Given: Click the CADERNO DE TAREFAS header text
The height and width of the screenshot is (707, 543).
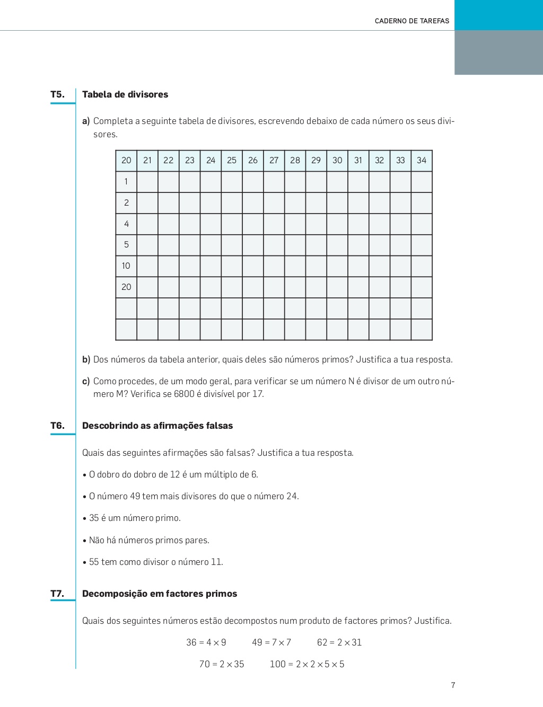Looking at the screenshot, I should click(411, 21).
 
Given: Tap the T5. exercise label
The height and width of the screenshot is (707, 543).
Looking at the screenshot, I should click(57, 94).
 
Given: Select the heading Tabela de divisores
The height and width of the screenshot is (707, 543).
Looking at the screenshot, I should click(125, 94).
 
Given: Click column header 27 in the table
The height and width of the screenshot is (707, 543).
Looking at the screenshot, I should click(274, 161).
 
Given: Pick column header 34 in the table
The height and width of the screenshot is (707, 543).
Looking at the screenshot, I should click(422, 161).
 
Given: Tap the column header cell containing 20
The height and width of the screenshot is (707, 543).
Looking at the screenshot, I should click(126, 161).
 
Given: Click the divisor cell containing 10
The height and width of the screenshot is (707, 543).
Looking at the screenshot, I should click(126, 266).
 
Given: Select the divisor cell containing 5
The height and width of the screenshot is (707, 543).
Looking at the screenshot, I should click(126, 245).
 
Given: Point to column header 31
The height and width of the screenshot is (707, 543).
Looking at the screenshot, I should click(358, 161).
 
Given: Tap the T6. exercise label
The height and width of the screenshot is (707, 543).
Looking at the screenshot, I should click(57, 426).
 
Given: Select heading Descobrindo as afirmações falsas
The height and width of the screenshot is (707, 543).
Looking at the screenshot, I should click(157, 426).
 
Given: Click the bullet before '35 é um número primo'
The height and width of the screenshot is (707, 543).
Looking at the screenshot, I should click(85, 519).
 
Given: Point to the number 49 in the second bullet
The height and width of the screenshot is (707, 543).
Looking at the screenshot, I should click(135, 496).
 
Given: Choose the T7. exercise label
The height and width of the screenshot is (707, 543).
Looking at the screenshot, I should click(57, 594).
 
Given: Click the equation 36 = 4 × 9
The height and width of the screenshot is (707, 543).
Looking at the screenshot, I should click(206, 642).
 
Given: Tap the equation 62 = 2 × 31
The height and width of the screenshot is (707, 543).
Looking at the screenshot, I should click(339, 642).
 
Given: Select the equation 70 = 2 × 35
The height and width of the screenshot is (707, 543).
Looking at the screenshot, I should click(222, 664).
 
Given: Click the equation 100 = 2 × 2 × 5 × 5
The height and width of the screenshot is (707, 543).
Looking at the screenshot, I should click(307, 664).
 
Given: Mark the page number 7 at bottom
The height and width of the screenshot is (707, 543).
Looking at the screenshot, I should click(453, 685).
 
